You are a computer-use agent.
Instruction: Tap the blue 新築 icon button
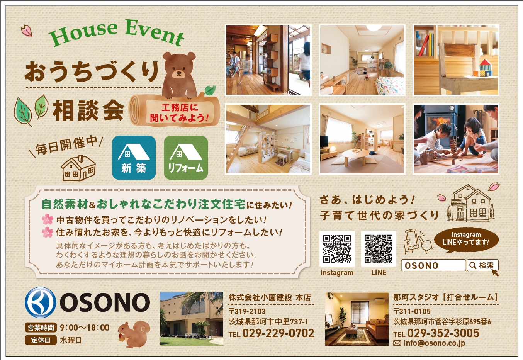(x=134, y=158)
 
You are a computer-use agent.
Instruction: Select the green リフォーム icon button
(x=186, y=158)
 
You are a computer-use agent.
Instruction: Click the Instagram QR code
(x=337, y=249)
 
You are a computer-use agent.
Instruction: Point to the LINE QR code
(x=379, y=249)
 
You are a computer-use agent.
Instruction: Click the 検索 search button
(x=482, y=265)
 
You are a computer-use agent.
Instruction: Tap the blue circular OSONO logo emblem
(x=41, y=302)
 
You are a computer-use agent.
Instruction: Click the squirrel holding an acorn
(x=134, y=334)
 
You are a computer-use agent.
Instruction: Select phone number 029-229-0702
(x=278, y=333)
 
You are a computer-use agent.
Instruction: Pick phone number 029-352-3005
(x=443, y=333)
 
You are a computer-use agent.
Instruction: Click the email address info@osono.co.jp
(x=434, y=343)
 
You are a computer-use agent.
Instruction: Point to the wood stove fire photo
(x=456, y=139)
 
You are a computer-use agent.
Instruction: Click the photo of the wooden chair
(x=456, y=60)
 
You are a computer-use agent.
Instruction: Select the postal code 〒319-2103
(x=247, y=311)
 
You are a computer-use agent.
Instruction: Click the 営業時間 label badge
(x=41, y=328)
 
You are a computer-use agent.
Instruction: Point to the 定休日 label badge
(x=41, y=340)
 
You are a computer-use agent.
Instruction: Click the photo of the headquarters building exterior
(x=192, y=319)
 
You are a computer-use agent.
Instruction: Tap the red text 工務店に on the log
(x=180, y=108)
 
